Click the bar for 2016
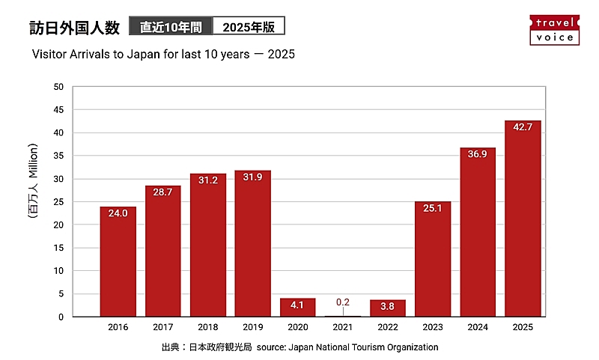[x=118, y=262]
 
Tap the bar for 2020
[x=298, y=308]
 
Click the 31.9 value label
[x=253, y=177]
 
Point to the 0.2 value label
[x=343, y=302]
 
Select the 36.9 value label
[x=478, y=154]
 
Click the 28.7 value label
[x=163, y=192]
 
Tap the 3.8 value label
[x=388, y=306]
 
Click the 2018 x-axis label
[x=208, y=327]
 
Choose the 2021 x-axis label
[x=343, y=327]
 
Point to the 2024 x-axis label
[x=478, y=327]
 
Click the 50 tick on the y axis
[x=58, y=87]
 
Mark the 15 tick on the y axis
[x=58, y=248]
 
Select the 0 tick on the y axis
[x=61, y=317]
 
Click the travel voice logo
[x=554, y=29]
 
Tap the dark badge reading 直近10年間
[x=171, y=28]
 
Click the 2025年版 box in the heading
[x=249, y=28]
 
